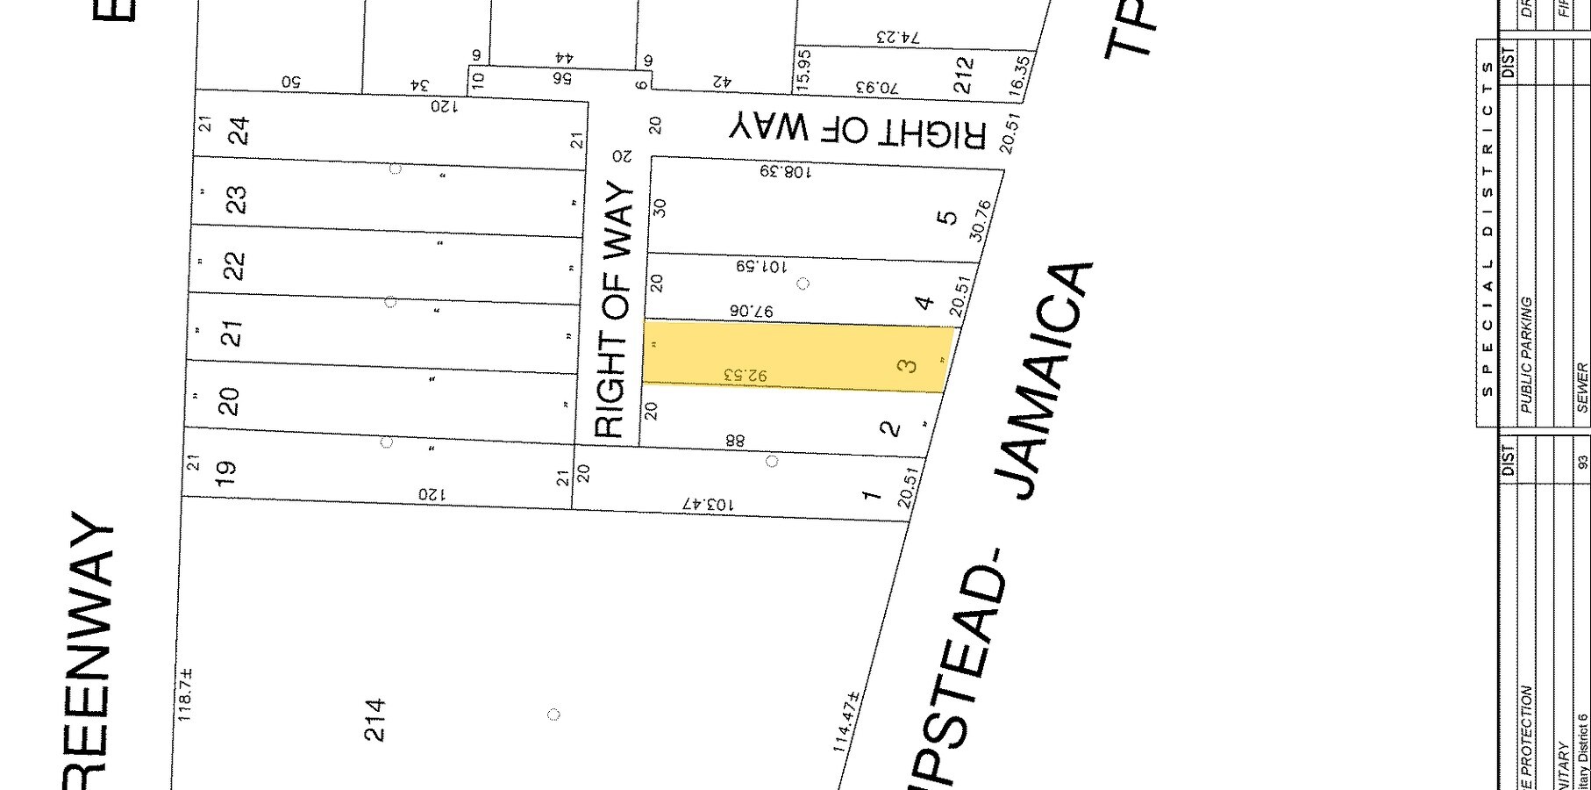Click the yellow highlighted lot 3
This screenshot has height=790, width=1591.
coord(798,355)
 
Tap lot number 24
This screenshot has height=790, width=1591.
coord(238,131)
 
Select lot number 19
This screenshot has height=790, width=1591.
coord(225,469)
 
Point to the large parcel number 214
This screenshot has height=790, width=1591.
coord(375,720)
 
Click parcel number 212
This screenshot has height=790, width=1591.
coord(963,75)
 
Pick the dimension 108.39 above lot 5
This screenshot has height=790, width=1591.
coord(786,171)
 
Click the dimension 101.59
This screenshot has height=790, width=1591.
coord(760,265)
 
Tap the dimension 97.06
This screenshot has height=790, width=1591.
coord(752,311)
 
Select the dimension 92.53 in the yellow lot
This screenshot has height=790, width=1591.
coord(745,376)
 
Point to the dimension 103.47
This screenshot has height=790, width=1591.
coord(707,504)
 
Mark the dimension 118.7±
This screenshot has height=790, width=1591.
coord(185,695)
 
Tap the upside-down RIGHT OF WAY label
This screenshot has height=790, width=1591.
coord(858,132)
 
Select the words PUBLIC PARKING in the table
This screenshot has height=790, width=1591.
coord(1526,355)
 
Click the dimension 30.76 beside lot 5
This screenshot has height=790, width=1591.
coord(981,220)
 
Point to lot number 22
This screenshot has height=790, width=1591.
coord(234,265)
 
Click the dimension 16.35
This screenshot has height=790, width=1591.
coord(1019,75)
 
